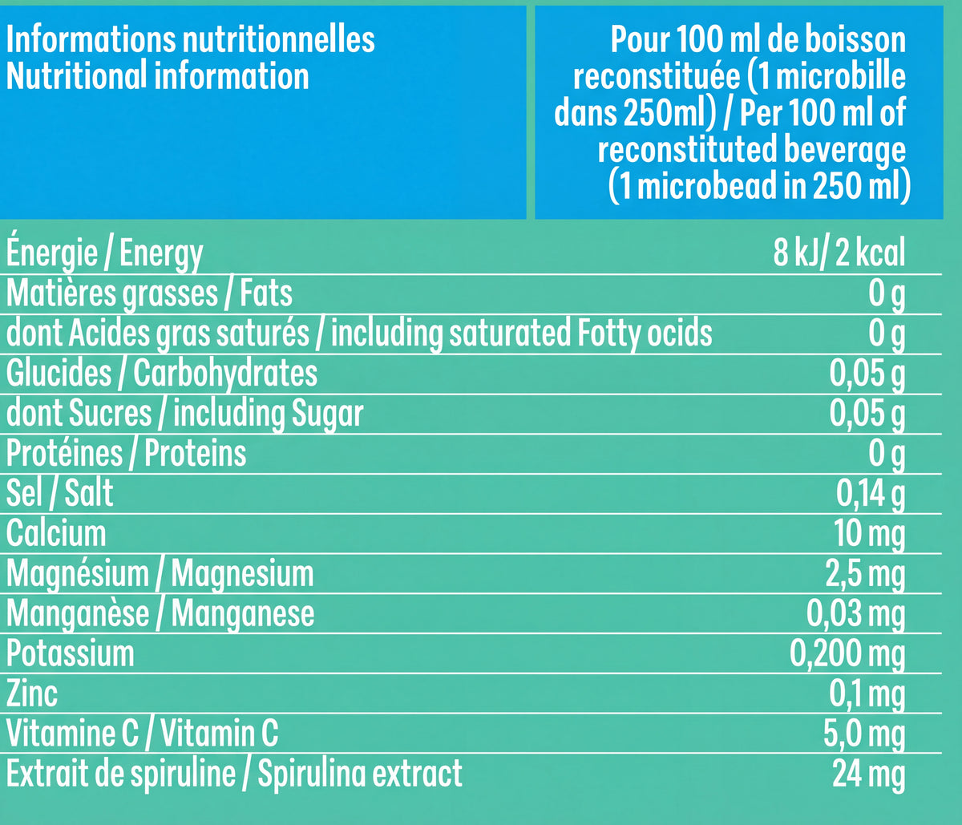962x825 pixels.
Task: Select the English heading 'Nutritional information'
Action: coord(157,76)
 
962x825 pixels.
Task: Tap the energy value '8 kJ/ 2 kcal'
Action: coord(839,254)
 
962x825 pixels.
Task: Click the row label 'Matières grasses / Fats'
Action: coord(149,293)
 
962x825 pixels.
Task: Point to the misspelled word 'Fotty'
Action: coord(610,334)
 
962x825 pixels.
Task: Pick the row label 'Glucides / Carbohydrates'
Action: coord(162,374)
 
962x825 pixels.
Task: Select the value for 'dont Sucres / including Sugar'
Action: coord(867,414)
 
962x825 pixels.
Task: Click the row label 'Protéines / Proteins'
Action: coord(127,454)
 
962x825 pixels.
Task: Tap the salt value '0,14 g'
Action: coord(871,494)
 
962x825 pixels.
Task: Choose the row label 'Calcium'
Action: coord(56,533)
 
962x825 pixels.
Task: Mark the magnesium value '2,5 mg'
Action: coord(864,574)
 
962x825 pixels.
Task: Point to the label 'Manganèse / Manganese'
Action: coord(160,614)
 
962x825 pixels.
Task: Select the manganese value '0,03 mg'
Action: coord(855,614)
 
